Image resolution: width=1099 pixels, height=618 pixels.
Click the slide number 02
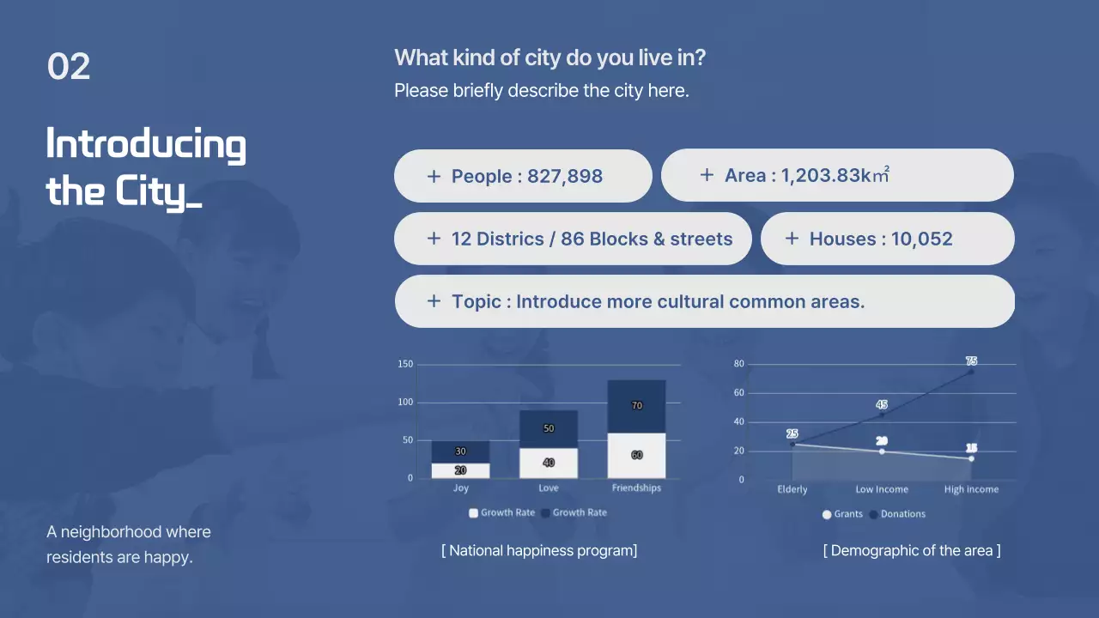(69, 67)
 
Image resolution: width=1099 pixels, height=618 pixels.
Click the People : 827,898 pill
(523, 176)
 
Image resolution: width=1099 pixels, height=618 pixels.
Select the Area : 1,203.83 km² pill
(836, 175)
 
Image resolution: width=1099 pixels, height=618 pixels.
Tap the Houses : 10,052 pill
(887, 239)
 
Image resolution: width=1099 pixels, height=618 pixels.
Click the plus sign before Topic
(434, 301)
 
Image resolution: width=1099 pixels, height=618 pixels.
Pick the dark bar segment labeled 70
(636, 406)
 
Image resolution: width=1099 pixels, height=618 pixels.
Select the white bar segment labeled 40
(548, 463)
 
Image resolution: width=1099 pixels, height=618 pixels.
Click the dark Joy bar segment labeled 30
(460, 451)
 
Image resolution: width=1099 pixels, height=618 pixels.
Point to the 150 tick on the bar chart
(405, 365)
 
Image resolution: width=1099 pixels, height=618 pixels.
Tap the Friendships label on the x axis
(636, 488)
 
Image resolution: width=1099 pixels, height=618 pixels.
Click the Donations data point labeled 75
(971, 372)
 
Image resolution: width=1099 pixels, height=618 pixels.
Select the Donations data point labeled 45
(882, 415)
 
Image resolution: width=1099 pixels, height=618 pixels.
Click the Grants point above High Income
(971, 458)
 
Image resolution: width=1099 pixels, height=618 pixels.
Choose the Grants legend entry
(842, 514)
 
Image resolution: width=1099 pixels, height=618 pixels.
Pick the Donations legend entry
(897, 514)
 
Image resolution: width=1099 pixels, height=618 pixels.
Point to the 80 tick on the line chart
(739, 364)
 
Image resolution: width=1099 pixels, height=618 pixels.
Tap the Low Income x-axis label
(881, 489)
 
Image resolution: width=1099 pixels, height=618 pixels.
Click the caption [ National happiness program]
(539, 550)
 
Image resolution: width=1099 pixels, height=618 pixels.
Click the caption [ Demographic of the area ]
(911, 550)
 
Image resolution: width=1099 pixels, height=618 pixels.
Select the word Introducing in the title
(146, 144)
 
